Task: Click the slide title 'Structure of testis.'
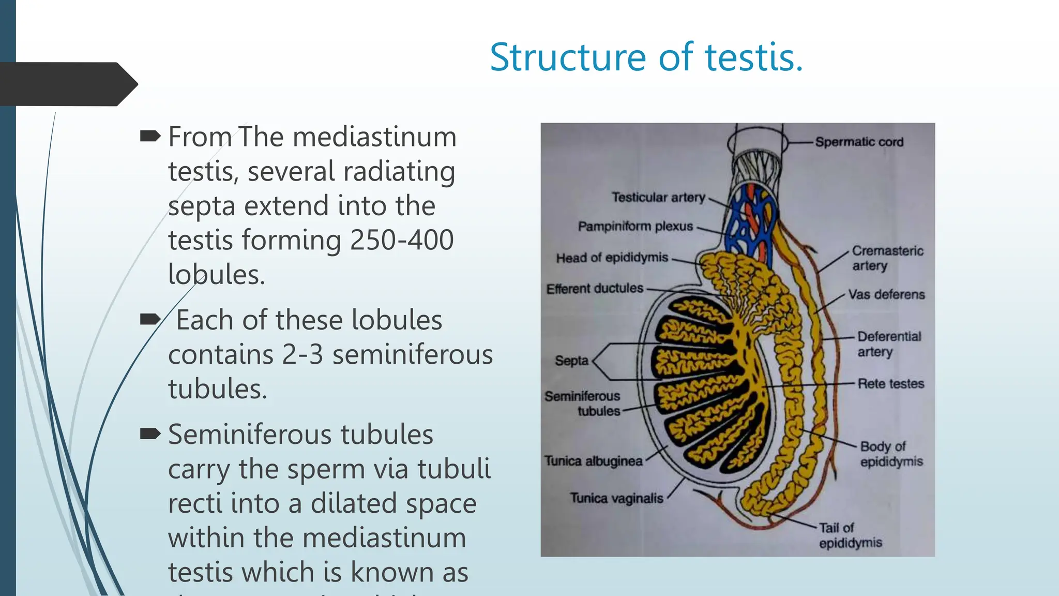(x=646, y=57)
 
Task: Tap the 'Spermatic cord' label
(x=859, y=142)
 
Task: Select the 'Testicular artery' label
(x=658, y=197)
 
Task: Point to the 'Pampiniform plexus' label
(x=635, y=227)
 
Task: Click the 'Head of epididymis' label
(x=612, y=258)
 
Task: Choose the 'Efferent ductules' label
(x=595, y=288)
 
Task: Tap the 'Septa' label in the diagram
(x=571, y=361)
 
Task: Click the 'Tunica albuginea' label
(x=593, y=461)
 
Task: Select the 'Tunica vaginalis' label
(x=616, y=498)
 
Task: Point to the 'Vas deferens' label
(x=886, y=294)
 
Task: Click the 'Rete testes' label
(x=890, y=384)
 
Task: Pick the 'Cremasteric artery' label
(x=887, y=258)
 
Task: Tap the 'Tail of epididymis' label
(x=850, y=535)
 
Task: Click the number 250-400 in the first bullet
(x=402, y=240)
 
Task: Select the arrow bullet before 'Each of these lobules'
(x=150, y=320)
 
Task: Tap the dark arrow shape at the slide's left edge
(x=67, y=84)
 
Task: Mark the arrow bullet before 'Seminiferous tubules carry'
(x=150, y=434)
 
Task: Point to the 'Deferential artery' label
(x=889, y=344)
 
